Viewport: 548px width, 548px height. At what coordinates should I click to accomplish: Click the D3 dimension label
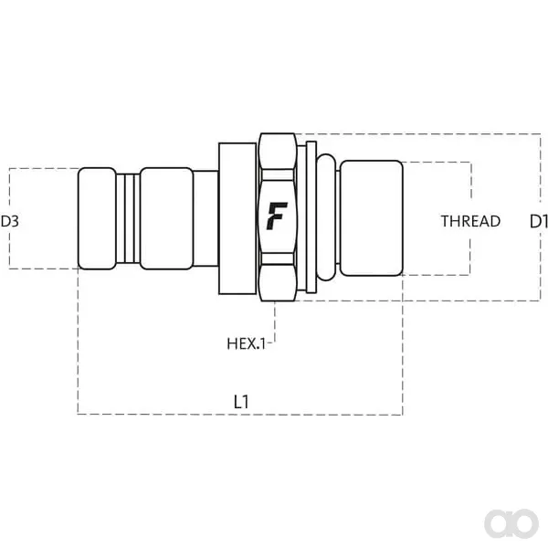click(10, 221)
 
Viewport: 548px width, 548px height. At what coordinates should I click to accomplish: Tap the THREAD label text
click(470, 221)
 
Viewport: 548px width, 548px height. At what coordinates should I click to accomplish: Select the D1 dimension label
click(539, 221)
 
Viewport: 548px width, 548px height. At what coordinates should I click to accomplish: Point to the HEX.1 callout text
click(247, 344)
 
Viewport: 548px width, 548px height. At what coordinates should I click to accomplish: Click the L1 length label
click(241, 402)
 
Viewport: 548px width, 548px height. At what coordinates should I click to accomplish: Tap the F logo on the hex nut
click(277, 216)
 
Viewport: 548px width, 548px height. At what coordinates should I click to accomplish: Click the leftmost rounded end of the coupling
click(97, 218)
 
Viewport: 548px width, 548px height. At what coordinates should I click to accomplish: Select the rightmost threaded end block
click(372, 218)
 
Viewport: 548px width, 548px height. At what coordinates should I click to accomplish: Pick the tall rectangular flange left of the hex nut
click(237, 218)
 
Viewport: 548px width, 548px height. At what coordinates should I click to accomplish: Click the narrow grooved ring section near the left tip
click(128, 218)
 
